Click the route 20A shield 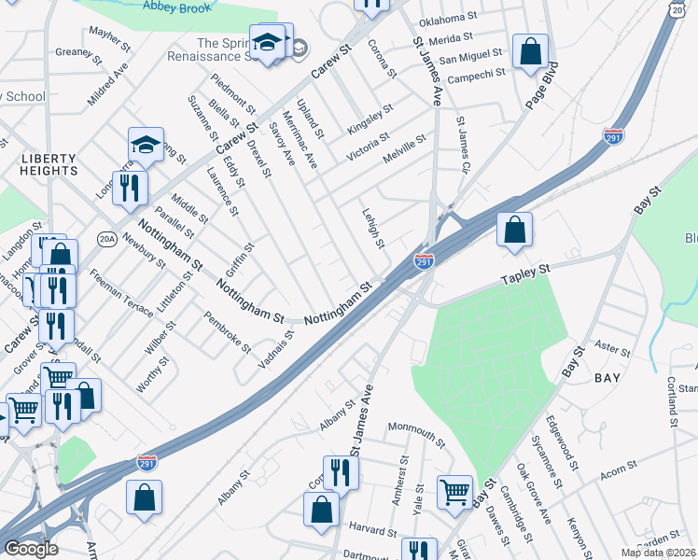coord(105,240)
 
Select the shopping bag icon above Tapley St coord(514,230)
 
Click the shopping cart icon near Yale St coord(454,491)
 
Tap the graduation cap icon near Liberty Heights coord(147,145)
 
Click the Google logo coord(31,548)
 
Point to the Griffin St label coord(240,257)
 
